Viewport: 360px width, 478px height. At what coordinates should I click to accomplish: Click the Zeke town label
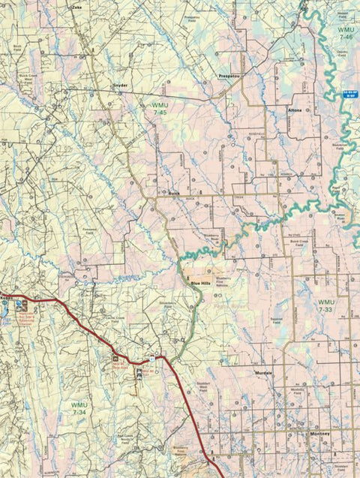(x=76, y=6)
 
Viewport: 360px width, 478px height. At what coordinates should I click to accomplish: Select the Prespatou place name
(x=228, y=77)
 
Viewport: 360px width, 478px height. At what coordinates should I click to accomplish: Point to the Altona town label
(x=295, y=110)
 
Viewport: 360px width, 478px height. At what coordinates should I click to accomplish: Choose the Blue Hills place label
(x=200, y=283)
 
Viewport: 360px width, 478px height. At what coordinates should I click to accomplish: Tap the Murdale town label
(x=263, y=372)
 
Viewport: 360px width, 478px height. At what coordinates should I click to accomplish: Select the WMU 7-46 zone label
(x=345, y=32)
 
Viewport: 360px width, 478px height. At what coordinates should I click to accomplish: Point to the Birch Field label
(x=17, y=47)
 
